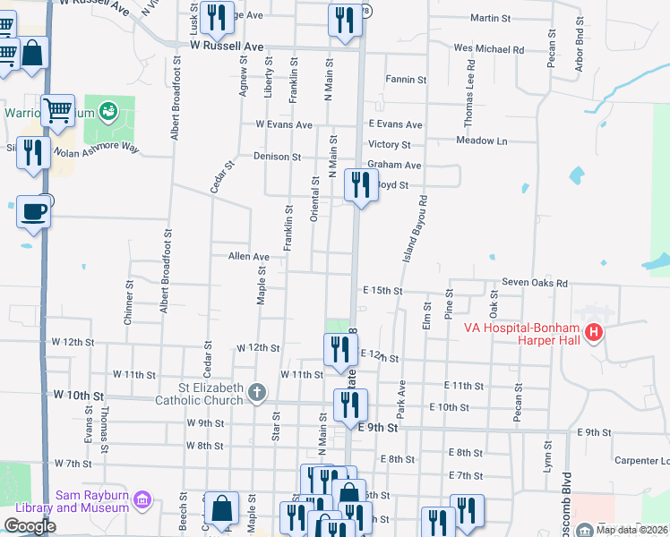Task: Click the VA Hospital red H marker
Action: (x=592, y=335)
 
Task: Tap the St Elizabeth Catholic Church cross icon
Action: (x=257, y=392)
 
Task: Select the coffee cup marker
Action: (x=34, y=212)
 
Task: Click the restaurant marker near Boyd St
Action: (x=359, y=185)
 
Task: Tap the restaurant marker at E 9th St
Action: (x=349, y=405)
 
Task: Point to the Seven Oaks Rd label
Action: (x=535, y=283)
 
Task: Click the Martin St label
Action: (x=490, y=18)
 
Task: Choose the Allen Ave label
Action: (x=249, y=256)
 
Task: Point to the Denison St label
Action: (x=277, y=156)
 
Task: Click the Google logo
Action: (x=30, y=526)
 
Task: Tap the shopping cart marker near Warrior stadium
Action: (x=57, y=111)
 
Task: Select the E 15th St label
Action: (x=382, y=291)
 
